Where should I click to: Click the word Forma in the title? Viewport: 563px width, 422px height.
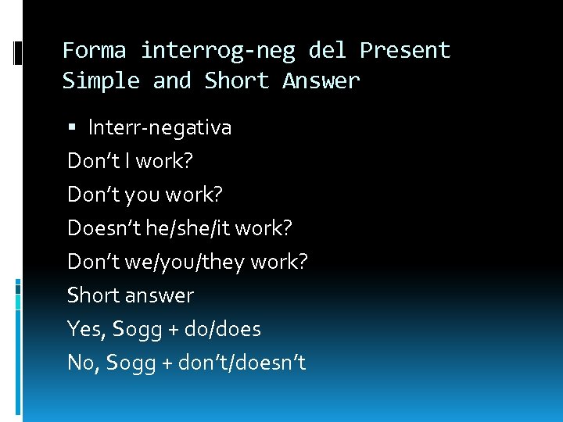point(94,51)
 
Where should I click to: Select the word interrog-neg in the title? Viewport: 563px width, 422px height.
point(217,51)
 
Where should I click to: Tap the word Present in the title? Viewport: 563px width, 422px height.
point(405,51)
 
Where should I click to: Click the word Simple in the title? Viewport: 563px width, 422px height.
point(101,80)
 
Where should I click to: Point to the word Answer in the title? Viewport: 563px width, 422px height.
point(321,80)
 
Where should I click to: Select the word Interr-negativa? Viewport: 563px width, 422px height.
point(160,127)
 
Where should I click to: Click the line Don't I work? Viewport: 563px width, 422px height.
point(130,161)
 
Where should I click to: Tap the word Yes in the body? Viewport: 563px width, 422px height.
point(85,329)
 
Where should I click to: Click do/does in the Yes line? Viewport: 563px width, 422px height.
point(223,329)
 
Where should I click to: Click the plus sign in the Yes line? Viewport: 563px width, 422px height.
point(172,330)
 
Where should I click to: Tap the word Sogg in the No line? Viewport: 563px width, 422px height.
point(130,363)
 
